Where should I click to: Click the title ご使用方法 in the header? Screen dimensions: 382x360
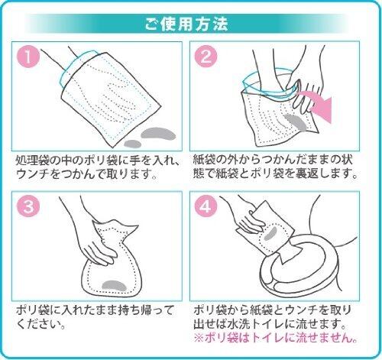coord(186,24)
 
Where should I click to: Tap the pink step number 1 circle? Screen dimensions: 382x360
coord(28,57)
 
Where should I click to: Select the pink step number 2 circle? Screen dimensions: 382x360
coord(206,57)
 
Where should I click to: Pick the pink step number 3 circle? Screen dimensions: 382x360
coord(28,206)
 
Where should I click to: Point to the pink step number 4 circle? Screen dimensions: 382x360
coord(206,206)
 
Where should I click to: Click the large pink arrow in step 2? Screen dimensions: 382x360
coord(319,105)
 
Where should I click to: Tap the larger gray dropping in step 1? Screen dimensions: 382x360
coord(158,134)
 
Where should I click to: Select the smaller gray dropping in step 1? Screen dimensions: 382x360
coord(133,144)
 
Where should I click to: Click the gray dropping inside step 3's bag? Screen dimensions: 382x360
coord(114,286)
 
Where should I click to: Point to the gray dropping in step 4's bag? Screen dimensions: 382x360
coord(270,233)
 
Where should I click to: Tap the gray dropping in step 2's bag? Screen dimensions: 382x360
coord(295,122)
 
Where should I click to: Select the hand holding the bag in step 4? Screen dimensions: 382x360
coord(251,222)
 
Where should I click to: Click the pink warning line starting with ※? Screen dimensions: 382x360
coord(275,339)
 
